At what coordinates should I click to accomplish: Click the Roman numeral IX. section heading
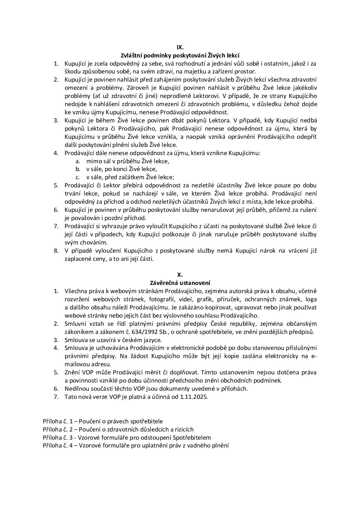point(180,47)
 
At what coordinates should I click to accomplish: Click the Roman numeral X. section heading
point(180,274)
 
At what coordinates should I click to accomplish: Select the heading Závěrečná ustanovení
point(180,283)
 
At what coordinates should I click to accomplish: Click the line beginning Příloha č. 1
point(103,421)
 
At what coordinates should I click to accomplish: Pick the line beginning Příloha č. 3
point(127,438)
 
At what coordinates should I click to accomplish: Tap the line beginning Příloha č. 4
point(136,446)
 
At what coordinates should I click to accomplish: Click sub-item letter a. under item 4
point(78,161)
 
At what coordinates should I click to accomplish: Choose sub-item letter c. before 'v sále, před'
point(78,177)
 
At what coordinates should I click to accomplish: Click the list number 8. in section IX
point(56,251)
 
